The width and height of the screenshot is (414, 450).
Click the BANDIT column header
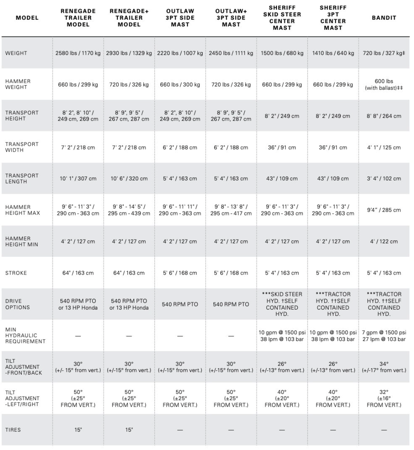tap(384, 18)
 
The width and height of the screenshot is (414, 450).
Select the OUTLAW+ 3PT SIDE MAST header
tap(231, 18)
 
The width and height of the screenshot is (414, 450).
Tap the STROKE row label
tap(16, 273)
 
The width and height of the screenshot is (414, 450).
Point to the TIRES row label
tap(13, 430)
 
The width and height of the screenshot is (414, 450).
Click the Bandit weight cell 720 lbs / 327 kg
tap(384, 53)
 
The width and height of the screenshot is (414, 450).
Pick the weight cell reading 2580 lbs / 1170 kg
tap(78, 53)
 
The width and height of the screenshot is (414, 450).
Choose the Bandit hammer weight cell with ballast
tap(384, 85)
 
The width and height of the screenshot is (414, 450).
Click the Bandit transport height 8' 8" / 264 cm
tap(384, 116)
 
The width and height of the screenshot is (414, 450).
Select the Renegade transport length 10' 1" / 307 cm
tap(78, 179)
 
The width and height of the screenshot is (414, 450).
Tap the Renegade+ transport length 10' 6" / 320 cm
tap(129, 179)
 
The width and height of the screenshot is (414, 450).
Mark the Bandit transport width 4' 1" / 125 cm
tap(384, 147)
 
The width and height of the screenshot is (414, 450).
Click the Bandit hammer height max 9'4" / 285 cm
tap(384, 210)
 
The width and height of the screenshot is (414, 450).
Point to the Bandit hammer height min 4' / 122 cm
tap(384, 242)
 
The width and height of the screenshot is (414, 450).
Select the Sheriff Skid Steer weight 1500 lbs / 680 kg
tap(282, 53)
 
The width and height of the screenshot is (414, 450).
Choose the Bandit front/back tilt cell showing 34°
tap(384, 367)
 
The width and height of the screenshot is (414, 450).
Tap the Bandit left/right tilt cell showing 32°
tap(384, 398)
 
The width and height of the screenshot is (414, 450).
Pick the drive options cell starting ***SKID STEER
tap(282, 304)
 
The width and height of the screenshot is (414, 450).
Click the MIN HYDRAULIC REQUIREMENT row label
tap(25, 336)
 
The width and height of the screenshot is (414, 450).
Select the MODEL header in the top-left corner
tap(27, 18)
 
